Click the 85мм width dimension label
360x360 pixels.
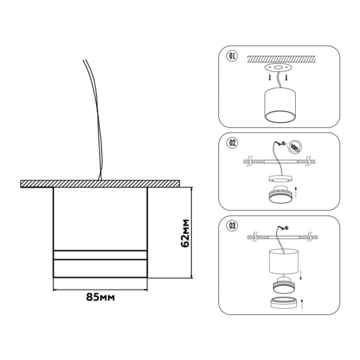[100, 297]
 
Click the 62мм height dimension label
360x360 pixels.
[185, 233]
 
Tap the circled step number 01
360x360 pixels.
[232, 56]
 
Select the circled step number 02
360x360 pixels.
[232, 143]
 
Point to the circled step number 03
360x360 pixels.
[232, 226]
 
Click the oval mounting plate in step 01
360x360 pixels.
[278, 67]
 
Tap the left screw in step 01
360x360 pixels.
[270, 77]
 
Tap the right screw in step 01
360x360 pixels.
[286, 77]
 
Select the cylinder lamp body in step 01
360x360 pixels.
[280, 104]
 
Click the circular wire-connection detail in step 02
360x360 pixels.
[296, 146]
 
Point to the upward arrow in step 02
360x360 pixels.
[296, 192]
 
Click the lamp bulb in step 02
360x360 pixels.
[280, 194]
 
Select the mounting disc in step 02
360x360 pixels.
[281, 179]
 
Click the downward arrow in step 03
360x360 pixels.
[301, 275]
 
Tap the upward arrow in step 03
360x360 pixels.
[302, 304]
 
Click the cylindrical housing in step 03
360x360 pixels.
[284, 262]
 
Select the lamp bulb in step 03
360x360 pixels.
[284, 285]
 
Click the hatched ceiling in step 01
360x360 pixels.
[281, 59]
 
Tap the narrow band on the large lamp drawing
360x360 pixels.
[100, 255]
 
